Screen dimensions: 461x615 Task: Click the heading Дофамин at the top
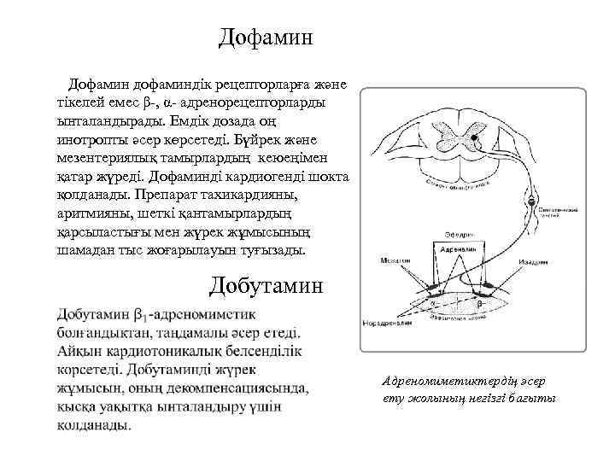[266, 37]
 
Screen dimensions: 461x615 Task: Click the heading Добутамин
[266, 285]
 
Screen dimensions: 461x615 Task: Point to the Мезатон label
[395, 260]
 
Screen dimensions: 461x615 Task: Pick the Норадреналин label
[386, 324]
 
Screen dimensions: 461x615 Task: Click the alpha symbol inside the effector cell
[434, 302]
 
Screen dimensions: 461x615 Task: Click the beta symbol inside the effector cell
[479, 302]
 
